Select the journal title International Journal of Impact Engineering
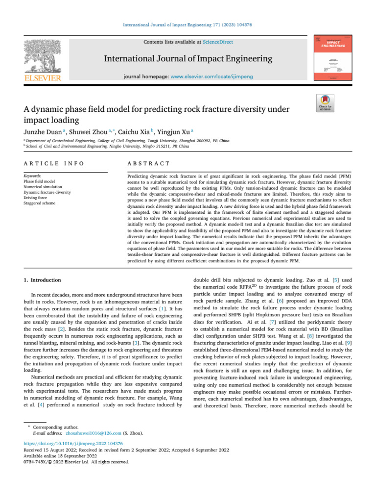point(188,59)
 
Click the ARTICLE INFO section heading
point(54,163)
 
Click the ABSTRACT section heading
point(148,163)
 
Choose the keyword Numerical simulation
point(43,187)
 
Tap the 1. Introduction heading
point(43,280)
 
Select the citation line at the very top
point(188,24)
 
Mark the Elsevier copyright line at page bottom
point(76,461)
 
